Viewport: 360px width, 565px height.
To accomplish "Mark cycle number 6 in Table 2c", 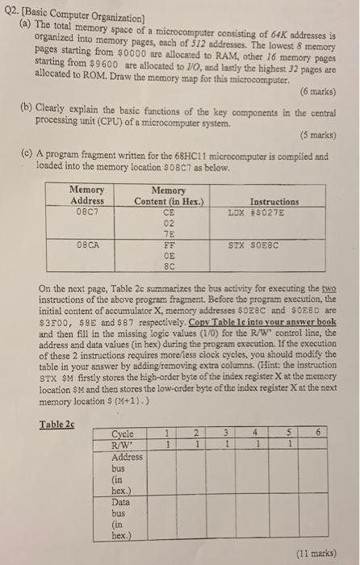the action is point(312,433).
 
